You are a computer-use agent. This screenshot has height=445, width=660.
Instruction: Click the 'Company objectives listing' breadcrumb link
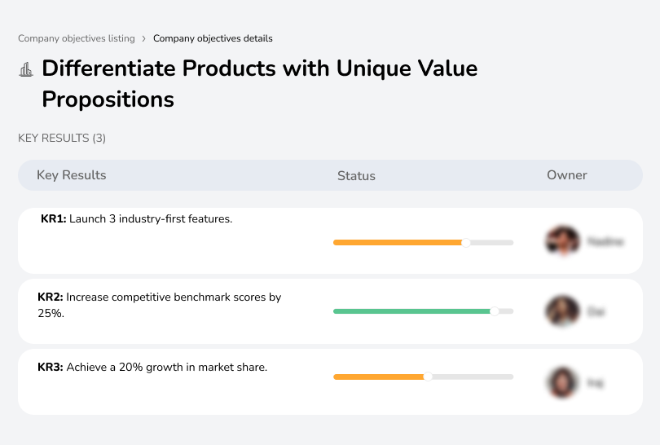click(x=76, y=38)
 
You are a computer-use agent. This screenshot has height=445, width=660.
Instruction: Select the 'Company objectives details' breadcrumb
click(x=213, y=38)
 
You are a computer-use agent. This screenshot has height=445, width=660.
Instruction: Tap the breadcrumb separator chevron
click(x=144, y=38)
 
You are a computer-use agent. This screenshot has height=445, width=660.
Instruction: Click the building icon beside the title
click(x=26, y=69)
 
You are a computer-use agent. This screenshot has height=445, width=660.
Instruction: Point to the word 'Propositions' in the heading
click(x=108, y=99)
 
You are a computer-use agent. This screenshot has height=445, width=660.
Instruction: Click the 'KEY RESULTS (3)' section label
click(x=62, y=139)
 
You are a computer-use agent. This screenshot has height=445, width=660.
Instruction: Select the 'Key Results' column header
click(x=71, y=175)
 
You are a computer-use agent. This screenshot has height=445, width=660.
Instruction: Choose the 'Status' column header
click(x=356, y=175)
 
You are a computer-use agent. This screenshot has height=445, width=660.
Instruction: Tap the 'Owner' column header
click(x=567, y=175)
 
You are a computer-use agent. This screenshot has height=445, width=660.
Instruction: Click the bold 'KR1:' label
click(x=53, y=219)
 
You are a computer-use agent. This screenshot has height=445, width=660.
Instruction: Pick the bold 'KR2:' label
click(x=50, y=297)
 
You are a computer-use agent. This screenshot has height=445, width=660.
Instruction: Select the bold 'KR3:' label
click(x=50, y=368)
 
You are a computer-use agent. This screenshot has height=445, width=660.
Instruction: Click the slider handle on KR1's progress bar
click(x=466, y=242)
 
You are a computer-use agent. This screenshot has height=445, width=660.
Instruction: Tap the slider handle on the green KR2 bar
click(x=494, y=311)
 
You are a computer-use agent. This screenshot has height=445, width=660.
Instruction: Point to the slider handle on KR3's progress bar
click(x=428, y=377)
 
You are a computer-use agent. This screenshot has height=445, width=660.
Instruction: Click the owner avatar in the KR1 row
click(x=562, y=241)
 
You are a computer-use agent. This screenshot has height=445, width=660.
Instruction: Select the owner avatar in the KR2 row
click(x=562, y=311)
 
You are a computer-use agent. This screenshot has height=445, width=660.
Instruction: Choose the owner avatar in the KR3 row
click(x=562, y=381)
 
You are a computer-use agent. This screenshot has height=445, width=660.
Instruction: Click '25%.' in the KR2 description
click(x=51, y=313)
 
